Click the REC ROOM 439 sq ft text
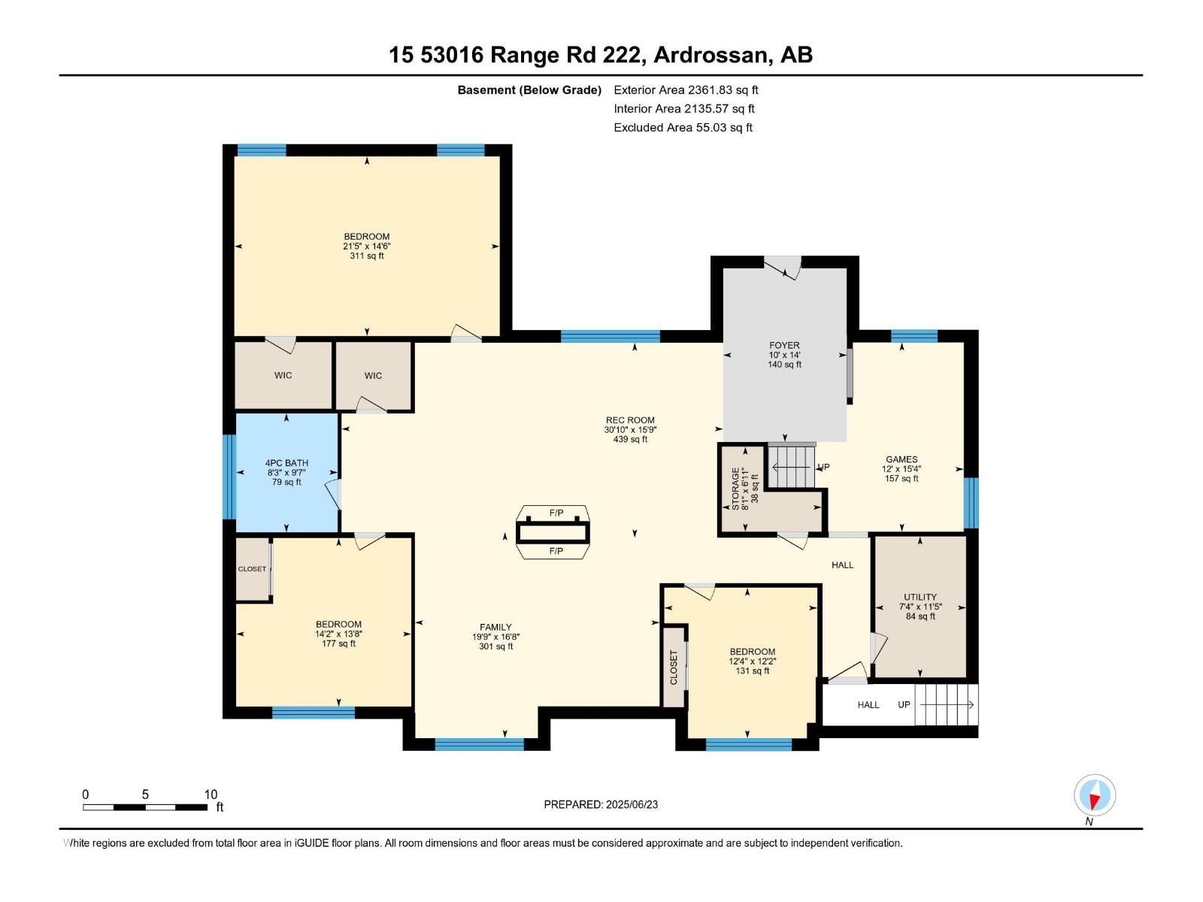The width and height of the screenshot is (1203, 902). (x=630, y=439)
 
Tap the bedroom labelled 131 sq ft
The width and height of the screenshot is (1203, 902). (x=752, y=661)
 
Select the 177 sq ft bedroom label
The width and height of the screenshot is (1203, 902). (x=338, y=634)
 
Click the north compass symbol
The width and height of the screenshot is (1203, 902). (x=1095, y=795)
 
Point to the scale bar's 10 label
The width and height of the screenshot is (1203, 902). (x=211, y=794)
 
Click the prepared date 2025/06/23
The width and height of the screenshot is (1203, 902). (x=601, y=804)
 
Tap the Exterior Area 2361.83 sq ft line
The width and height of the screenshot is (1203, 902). (x=686, y=89)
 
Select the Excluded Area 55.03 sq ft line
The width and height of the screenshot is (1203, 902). (x=683, y=127)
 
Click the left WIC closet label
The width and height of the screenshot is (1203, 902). (x=283, y=375)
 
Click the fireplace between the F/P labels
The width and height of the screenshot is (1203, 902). (x=553, y=532)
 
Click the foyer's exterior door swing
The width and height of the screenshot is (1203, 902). (x=783, y=268)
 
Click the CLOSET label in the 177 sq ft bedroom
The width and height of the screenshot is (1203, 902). (x=252, y=569)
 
